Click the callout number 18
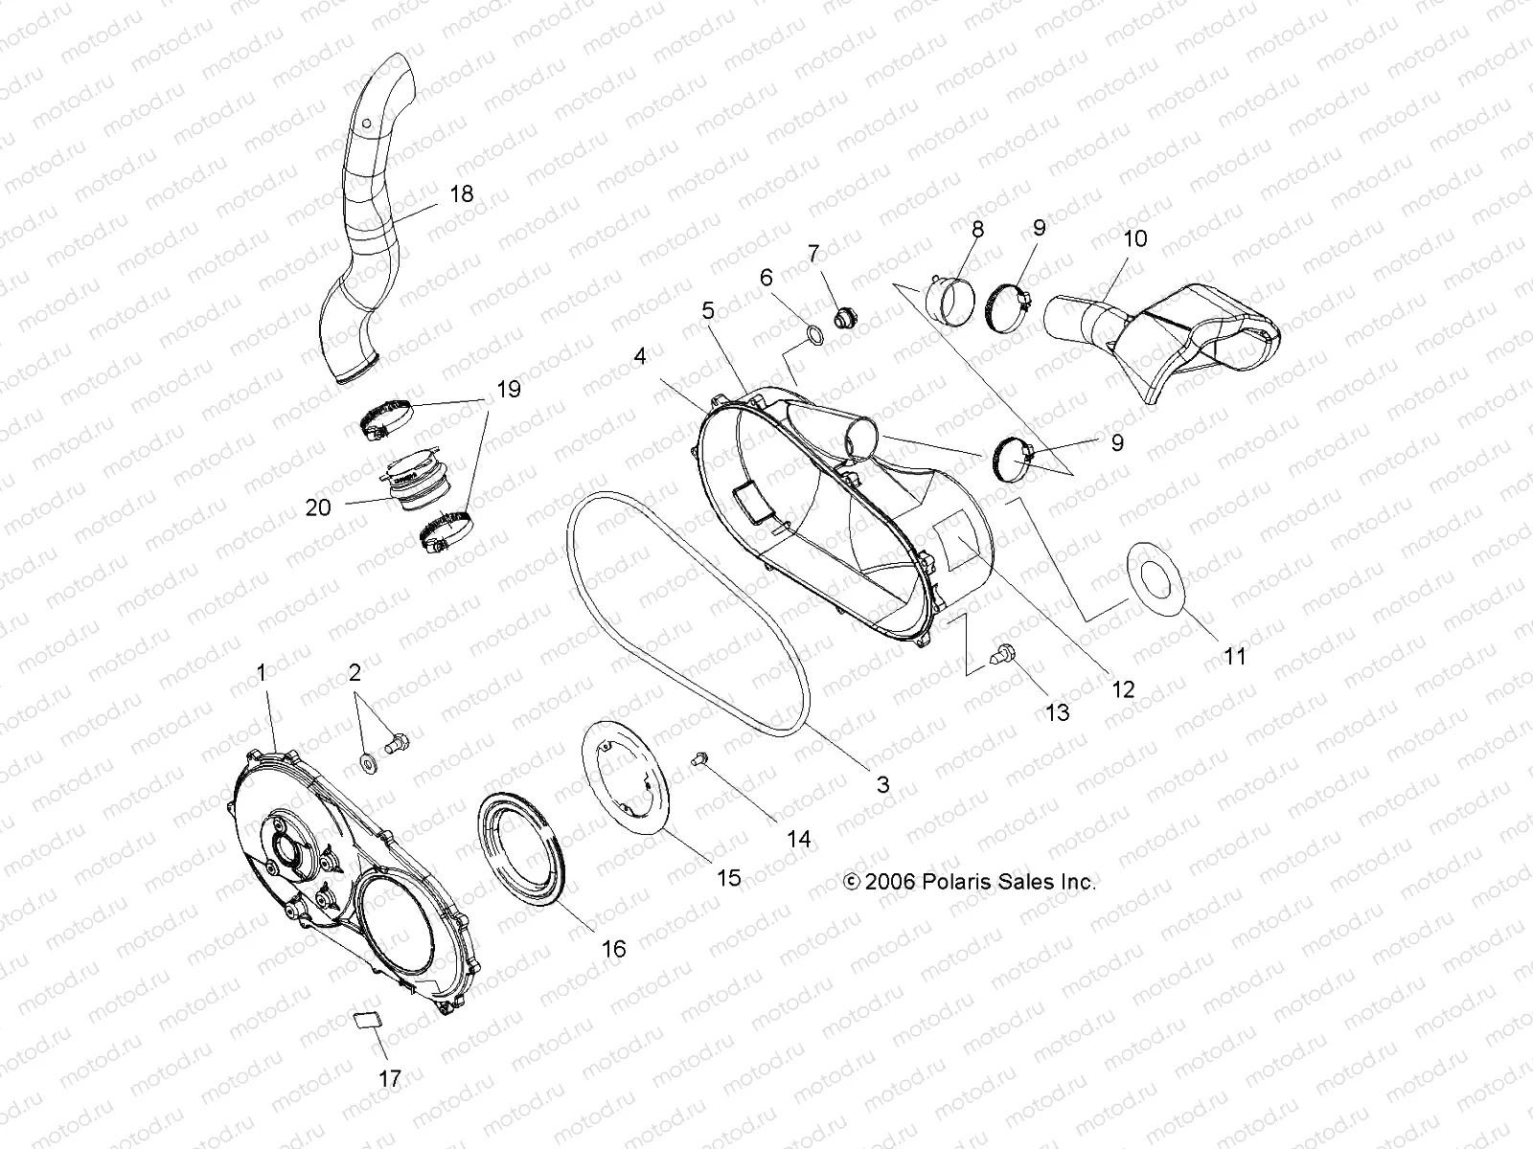click(461, 194)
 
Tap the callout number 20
click(318, 507)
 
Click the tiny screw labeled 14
click(699, 758)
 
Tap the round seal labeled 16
click(523, 849)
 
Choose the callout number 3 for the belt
click(882, 785)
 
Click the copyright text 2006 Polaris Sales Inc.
click(969, 882)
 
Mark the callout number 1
click(261, 673)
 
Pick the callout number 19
click(509, 389)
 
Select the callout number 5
click(708, 311)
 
